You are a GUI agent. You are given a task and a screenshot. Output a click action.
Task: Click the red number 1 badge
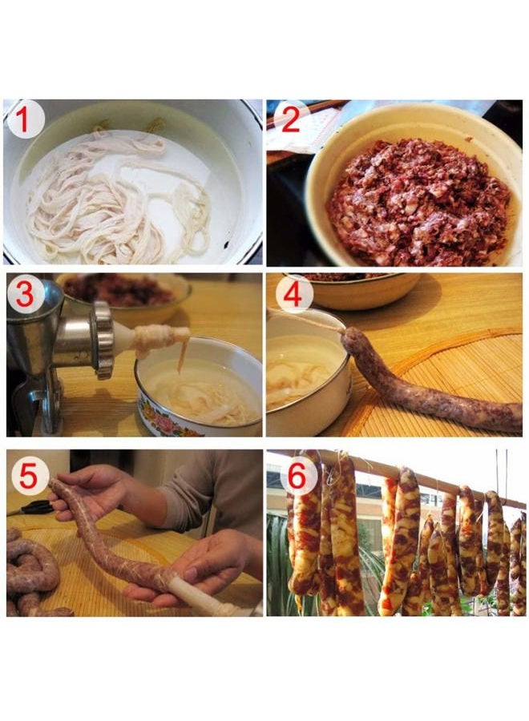(x=26, y=121)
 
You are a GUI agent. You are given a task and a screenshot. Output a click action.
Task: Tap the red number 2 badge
(x=291, y=120)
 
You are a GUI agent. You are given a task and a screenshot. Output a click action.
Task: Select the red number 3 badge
(x=26, y=295)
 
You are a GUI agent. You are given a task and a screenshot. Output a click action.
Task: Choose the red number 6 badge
(x=297, y=477)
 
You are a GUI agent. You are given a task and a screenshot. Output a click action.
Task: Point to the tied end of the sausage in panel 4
(x=345, y=334)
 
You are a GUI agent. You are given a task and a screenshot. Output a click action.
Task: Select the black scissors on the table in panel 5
(x=37, y=507)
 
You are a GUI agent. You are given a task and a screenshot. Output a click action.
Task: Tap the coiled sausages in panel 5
(x=33, y=573)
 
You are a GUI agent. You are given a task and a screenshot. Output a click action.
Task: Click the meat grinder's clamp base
(x=37, y=405)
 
